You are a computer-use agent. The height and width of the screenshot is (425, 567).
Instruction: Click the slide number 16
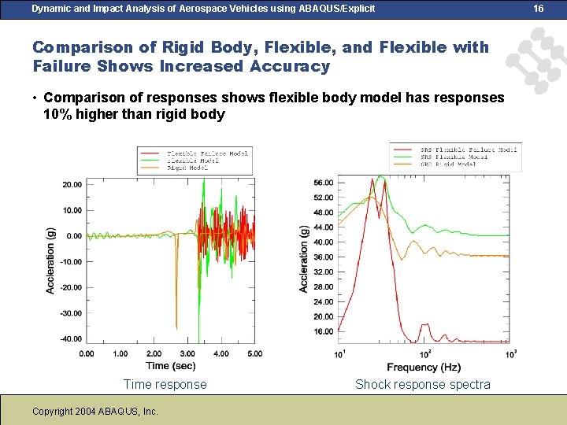click(539, 8)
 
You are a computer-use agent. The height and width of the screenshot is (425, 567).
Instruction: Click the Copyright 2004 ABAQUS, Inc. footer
click(95, 411)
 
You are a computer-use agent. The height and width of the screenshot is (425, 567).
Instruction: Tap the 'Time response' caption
click(165, 385)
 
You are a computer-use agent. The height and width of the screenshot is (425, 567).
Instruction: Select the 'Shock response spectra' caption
click(422, 385)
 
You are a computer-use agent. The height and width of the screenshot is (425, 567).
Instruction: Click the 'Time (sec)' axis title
click(170, 365)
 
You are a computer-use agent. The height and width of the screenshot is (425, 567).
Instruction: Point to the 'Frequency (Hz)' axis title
click(424, 368)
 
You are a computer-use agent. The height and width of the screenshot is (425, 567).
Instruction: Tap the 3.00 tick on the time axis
click(187, 354)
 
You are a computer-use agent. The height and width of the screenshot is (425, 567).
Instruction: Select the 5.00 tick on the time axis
click(254, 354)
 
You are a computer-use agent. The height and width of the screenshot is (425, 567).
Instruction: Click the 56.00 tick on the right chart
click(324, 183)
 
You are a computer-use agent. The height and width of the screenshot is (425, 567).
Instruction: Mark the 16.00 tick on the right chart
click(324, 331)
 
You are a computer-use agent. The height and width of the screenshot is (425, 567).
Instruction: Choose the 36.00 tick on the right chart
click(324, 257)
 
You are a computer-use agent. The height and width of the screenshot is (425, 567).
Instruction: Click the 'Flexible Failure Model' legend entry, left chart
click(207, 153)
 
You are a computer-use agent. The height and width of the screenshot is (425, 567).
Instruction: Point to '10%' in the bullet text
click(57, 114)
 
